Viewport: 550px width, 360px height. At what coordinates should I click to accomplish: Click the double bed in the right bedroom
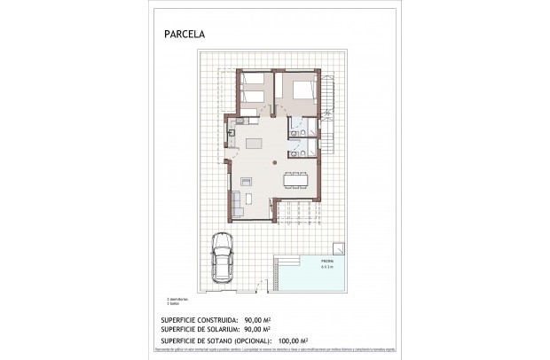pyautogui.click(x=300, y=90)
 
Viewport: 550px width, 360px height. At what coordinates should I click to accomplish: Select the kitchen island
pyautogui.click(x=254, y=144)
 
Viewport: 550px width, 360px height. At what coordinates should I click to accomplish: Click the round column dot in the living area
pyautogui.click(x=275, y=164)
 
